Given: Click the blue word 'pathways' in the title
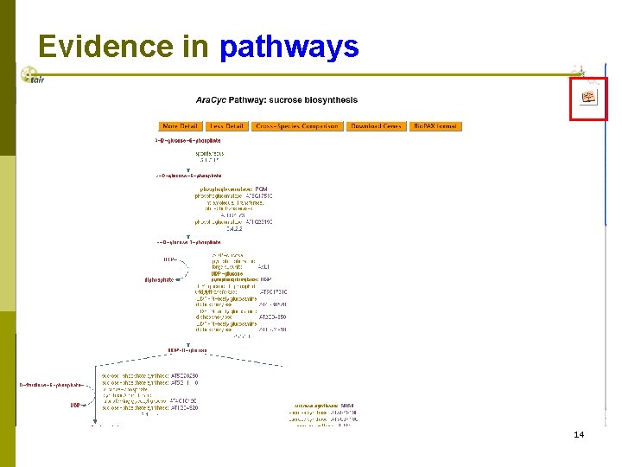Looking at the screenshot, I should [x=289, y=47].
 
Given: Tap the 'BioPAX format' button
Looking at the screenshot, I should [x=435, y=126].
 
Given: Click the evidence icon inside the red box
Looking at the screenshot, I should [x=590, y=98].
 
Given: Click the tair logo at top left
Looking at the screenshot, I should [x=32, y=76].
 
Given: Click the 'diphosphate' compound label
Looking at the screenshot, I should [x=159, y=279].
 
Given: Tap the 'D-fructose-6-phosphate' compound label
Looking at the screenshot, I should [x=51, y=384].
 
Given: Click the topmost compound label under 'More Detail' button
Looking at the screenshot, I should [x=188, y=139].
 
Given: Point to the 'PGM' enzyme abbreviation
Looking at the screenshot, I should [x=262, y=189].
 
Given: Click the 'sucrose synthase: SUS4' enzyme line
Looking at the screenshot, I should [x=324, y=405].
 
